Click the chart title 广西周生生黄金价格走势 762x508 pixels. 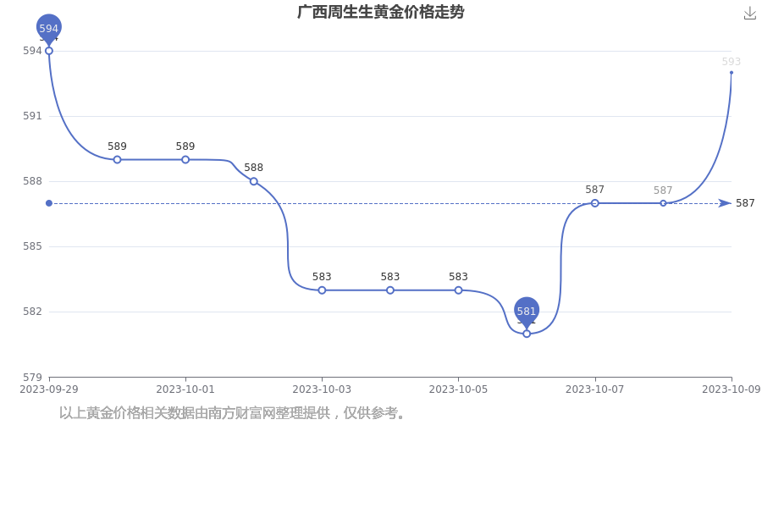pyautogui.click(x=380, y=12)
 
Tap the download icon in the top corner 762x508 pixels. pyautogui.click(x=750, y=14)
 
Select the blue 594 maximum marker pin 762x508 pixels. pyautogui.click(x=48, y=29)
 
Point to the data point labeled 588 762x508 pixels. pyautogui.click(x=254, y=181)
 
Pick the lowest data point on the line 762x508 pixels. pyautogui.click(x=527, y=334)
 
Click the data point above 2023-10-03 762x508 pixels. pyautogui.click(x=322, y=290)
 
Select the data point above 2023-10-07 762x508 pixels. pyautogui.click(x=595, y=203)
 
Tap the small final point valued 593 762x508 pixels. pyautogui.click(x=732, y=73)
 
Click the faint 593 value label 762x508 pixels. pyautogui.click(x=732, y=62)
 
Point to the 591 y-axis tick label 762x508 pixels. pyautogui.click(x=32, y=116)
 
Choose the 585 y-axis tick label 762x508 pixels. pyautogui.click(x=32, y=246)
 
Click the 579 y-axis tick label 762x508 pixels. pyautogui.click(x=32, y=378)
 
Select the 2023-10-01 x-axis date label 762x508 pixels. pyautogui.click(x=185, y=389)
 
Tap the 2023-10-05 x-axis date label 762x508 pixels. pyautogui.click(x=458, y=389)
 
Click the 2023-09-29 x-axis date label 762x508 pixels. pyautogui.click(x=48, y=389)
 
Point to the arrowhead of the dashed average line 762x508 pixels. pyautogui.click(x=725, y=203)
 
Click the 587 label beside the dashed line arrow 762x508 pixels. pyautogui.click(x=745, y=203)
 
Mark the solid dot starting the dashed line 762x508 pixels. pyautogui.click(x=48, y=203)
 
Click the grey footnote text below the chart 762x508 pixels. pyautogui.click(x=232, y=413)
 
